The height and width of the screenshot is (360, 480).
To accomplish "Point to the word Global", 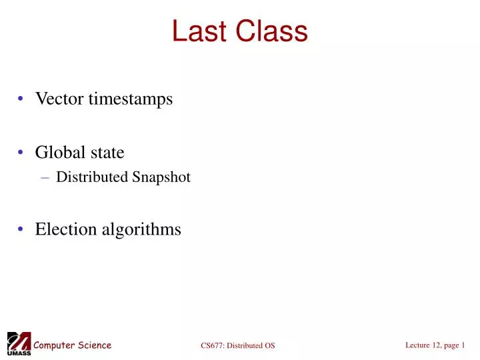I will coord(57,153).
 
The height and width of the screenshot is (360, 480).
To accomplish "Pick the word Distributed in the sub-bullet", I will coord(92,177).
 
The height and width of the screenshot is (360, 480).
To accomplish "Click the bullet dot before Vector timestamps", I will coord(23,100).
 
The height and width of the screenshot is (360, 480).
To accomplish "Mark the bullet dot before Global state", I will coord(23,153).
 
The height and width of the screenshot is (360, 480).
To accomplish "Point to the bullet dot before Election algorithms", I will coord(23,230).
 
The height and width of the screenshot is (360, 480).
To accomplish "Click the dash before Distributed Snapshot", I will coord(45,178).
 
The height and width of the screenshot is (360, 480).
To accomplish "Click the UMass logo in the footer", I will coord(18,343).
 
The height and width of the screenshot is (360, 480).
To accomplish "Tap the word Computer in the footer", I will coord(53,345).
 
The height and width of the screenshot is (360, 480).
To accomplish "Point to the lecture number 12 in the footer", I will coord(434,345).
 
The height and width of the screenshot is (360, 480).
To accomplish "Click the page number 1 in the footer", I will coord(463,345).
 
